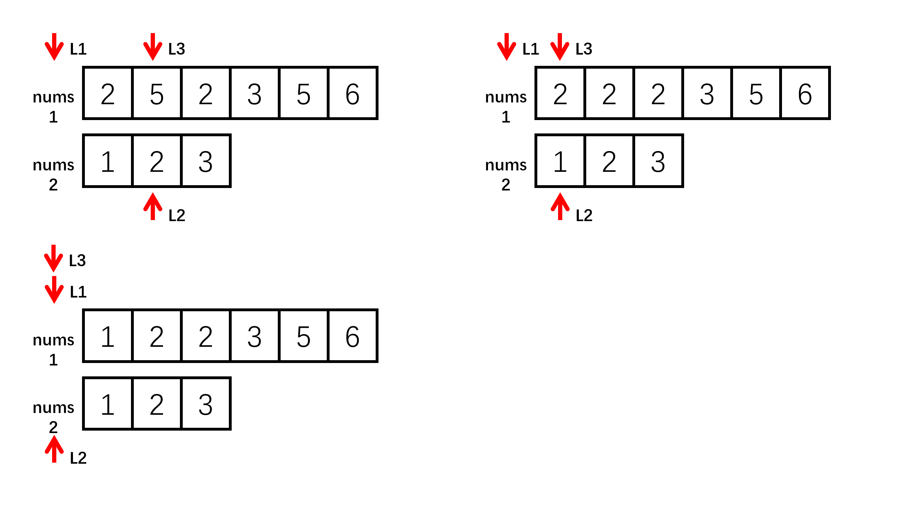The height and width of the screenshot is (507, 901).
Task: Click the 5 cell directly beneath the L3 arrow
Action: (156, 94)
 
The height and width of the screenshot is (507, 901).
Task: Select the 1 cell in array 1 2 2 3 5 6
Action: (107, 336)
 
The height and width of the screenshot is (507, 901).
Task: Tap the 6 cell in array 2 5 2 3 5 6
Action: (352, 94)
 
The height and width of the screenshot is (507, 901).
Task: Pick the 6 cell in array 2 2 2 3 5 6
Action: (805, 94)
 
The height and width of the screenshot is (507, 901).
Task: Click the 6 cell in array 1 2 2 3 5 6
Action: (352, 336)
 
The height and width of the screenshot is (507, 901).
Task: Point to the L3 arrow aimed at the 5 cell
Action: (152, 47)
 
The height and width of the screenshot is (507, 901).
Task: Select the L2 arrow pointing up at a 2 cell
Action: (152, 207)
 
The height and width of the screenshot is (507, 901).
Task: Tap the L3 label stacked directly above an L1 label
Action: (77, 261)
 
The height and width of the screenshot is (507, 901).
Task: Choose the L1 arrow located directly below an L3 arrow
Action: (54, 289)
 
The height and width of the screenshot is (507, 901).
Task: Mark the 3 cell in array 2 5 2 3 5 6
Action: (254, 94)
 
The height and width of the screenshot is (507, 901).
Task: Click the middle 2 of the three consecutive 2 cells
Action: (609, 94)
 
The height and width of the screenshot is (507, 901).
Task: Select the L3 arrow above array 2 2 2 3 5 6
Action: (559, 47)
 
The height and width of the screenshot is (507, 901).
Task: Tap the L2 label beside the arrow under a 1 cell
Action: (584, 215)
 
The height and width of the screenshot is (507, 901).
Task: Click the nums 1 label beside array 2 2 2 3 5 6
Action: (506, 106)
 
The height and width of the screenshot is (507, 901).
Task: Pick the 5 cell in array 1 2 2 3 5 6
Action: (303, 336)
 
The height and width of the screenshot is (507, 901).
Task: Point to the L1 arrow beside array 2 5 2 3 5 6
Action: (54, 47)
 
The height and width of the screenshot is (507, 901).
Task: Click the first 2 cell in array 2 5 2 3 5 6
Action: (107, 94)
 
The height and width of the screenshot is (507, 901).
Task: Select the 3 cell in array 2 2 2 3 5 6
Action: (707, 94)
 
